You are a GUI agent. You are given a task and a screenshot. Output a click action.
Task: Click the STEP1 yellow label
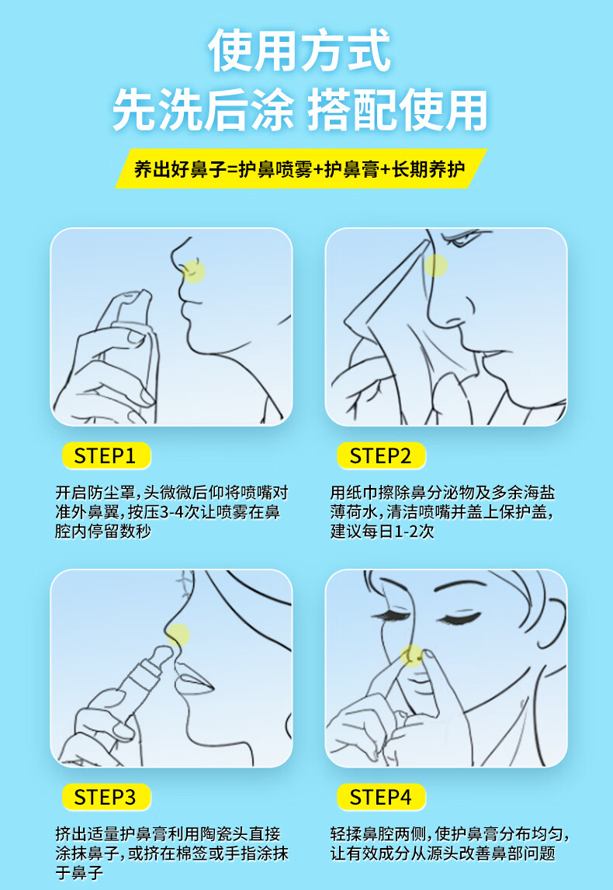click(106, 455)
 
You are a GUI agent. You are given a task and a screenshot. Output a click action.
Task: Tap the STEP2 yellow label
click(381, 455)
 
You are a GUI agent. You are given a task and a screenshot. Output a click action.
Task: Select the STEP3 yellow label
click(106, 797)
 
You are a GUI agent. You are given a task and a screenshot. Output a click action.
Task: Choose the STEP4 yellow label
click(381, 797)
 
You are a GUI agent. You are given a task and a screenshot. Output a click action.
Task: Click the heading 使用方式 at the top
click(300, 51)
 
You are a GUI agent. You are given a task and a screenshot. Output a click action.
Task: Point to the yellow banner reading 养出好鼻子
click(301, 168)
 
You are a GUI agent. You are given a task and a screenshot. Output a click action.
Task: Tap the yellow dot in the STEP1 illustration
click(194, 272)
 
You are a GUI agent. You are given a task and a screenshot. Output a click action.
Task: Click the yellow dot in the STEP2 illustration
click(436, 265)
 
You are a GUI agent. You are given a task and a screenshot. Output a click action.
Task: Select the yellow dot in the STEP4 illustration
click(412, 656)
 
